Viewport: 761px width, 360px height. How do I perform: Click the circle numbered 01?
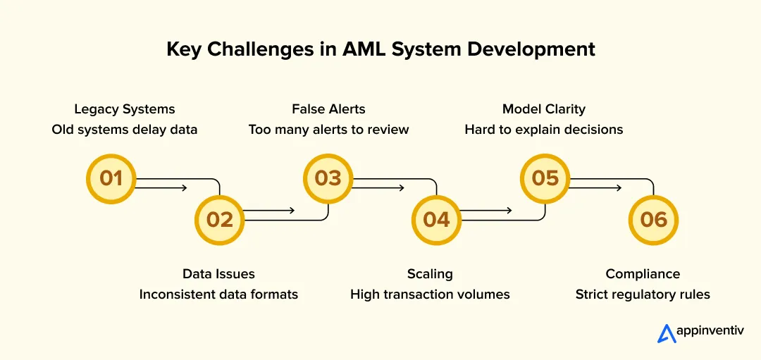[111, 179]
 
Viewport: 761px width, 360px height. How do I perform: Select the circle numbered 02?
[219, 220]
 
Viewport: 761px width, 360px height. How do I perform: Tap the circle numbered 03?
[328, 179]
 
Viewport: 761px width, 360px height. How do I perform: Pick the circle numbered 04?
[436, 220]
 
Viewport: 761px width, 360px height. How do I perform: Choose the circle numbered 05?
[545, 179]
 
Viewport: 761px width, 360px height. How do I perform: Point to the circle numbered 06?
[653, 220]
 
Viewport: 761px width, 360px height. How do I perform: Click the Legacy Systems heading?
[125, 109]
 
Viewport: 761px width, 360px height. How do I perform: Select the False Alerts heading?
[328, 109]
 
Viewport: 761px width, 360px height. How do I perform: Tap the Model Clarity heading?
[543, 109]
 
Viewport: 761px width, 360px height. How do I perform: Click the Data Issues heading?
[218, 274]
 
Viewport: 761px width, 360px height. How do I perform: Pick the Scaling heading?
[430, 274]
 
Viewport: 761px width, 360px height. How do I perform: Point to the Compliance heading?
[643, 274]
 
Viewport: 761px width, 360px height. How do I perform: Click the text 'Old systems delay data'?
[125, 130]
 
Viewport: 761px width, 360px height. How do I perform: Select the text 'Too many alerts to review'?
[328, 130]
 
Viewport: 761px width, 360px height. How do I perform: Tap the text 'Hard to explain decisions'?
[543, 130]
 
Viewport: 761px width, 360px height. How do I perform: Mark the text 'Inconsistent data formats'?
[218, 294]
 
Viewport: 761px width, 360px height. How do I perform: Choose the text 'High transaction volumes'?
[430, 294]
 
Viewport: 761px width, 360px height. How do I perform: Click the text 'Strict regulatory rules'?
[643, 294]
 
